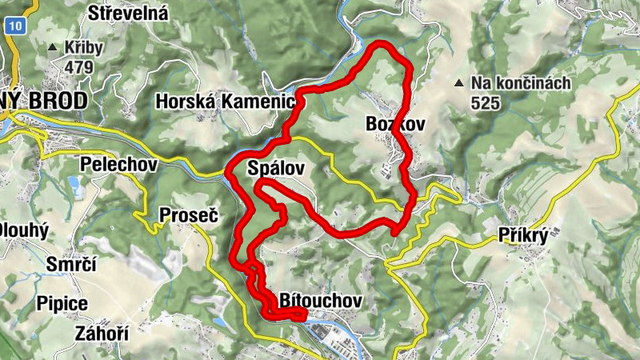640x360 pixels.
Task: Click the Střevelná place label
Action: [128, 13]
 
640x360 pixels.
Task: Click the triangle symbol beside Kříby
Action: [53, 48]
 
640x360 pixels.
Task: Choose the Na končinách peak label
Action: [520, 82]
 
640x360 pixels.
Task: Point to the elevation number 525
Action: [485, 102]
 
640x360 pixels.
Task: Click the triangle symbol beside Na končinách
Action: [458, 82]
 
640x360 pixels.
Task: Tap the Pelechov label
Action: [119, 163]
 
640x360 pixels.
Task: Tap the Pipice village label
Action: [62, 303]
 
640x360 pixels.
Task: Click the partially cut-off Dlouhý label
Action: [24, 230]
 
